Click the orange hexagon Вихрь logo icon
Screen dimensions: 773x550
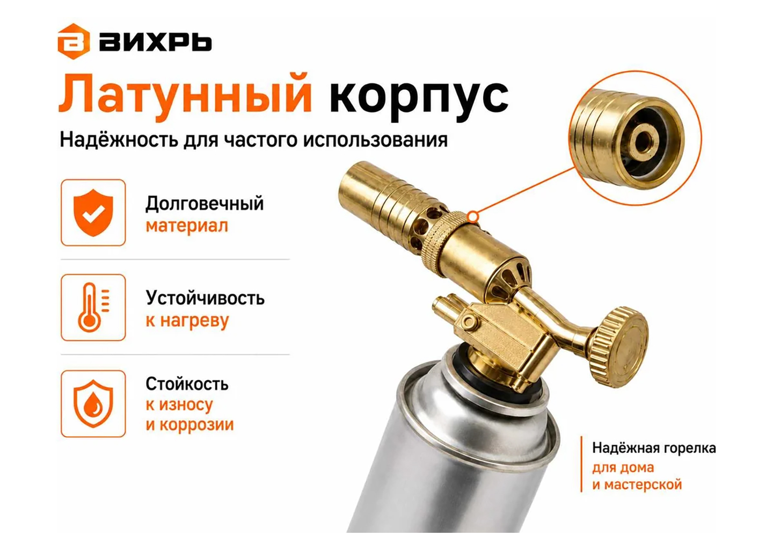tap(74, 41)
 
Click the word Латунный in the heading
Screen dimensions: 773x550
tap(185, 97)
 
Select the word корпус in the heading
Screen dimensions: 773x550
tap(419, 98)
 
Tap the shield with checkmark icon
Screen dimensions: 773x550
tap(93, 212)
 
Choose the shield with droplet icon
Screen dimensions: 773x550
tap(93, 403)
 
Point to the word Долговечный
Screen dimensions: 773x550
tap(205, 204)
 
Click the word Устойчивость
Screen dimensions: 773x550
tap(205, 298)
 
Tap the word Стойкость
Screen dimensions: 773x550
tap(187, 383)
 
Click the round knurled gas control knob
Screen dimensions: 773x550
tap(618, 347)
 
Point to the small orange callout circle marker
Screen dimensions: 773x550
tap(473, 217)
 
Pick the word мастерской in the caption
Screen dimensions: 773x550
tap(643, 485)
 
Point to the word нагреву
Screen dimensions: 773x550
tap(194, 321)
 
